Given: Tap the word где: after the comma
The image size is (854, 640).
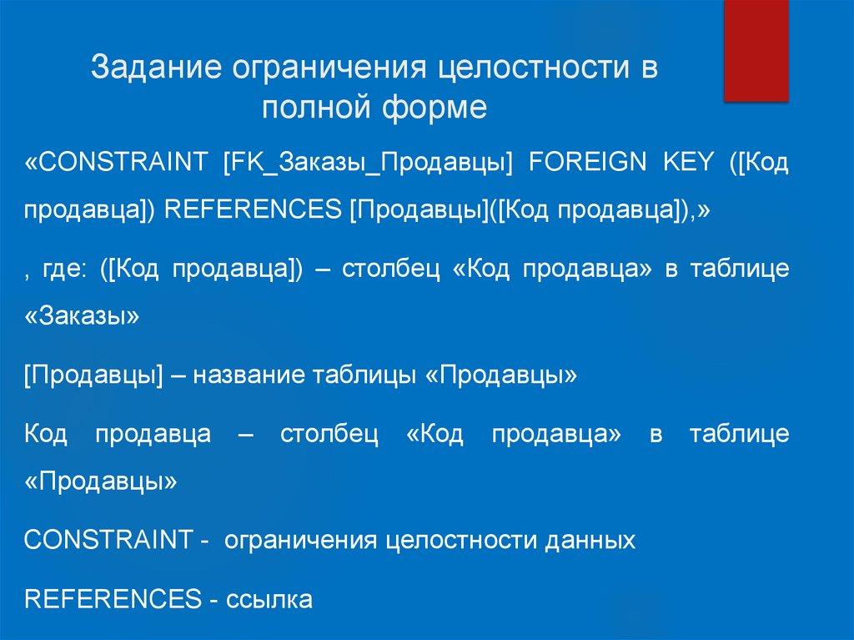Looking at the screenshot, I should (63, 270).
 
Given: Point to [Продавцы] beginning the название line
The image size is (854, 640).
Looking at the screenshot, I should (93, 374).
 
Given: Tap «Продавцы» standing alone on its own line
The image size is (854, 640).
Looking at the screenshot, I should (101, 482).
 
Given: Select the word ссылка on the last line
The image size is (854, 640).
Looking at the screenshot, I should (269, 599).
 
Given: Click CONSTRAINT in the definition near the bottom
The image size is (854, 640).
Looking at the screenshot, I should (108, 540).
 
